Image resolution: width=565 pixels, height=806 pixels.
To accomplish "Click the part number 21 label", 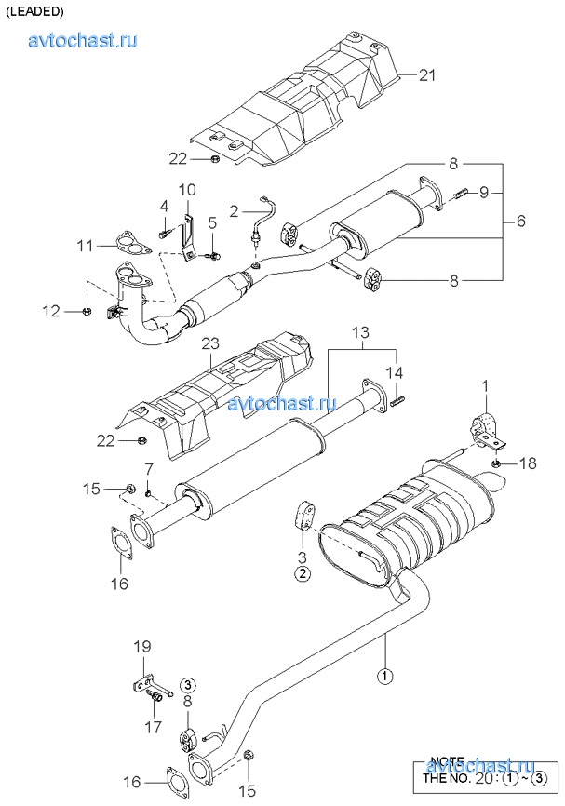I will coord(427,75).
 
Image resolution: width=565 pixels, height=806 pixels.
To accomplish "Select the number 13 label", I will coord(360,332).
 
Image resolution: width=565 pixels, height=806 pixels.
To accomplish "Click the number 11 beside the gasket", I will coord(86,246).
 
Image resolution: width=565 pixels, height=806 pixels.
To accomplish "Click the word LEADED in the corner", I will coord(34,12).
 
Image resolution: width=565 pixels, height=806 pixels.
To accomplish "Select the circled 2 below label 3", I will coord(303,573).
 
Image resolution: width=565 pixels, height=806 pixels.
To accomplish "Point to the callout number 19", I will coord(141,646).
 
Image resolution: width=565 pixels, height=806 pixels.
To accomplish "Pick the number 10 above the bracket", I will coord(187,191).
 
